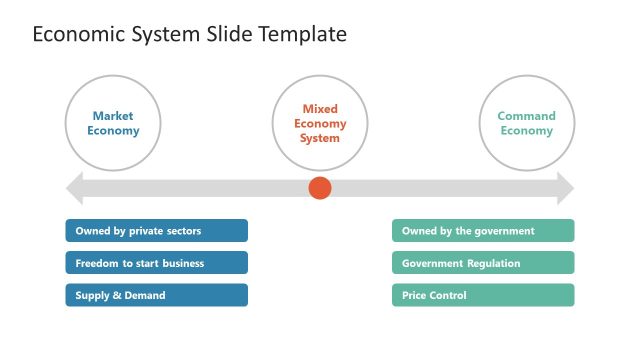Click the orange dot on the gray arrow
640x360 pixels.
320,188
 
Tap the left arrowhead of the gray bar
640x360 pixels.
74,188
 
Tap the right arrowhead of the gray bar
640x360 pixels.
565,188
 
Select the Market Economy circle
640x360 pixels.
113,123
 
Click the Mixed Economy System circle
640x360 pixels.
320,123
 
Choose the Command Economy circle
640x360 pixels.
527,123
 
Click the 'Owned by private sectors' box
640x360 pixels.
157,231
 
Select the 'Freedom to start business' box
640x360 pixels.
157,263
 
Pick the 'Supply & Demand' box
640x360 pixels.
157,295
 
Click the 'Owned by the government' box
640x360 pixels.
483,231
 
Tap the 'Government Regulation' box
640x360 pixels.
483,263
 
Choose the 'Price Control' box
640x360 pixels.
483,295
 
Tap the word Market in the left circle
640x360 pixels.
113,116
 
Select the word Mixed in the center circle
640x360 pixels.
320,109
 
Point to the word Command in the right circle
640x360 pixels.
527,116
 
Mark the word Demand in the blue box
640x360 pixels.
146,296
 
